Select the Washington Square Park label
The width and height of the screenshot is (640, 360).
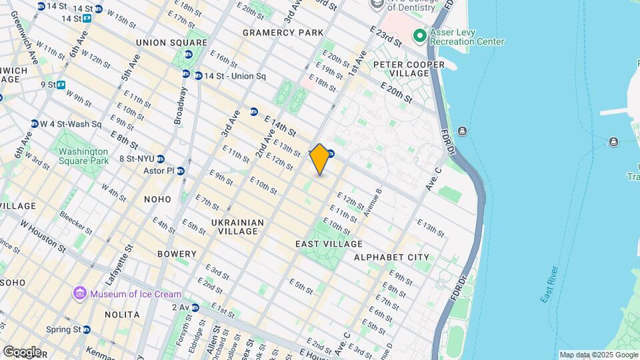pos(83,156)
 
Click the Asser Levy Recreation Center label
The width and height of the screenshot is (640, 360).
pos(467,37)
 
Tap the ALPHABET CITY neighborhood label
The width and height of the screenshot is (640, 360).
pos(392,257)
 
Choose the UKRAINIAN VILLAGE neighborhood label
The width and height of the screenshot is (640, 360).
pos(239,227)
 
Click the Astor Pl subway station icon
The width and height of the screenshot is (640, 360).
pos(180,171)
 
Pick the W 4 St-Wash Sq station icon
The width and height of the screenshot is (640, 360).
pos(34,124)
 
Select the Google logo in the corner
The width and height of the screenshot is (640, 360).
pos(21,352)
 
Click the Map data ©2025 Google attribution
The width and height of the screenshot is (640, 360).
pos(598,355)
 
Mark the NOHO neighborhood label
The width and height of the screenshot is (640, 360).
pos(157,199)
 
